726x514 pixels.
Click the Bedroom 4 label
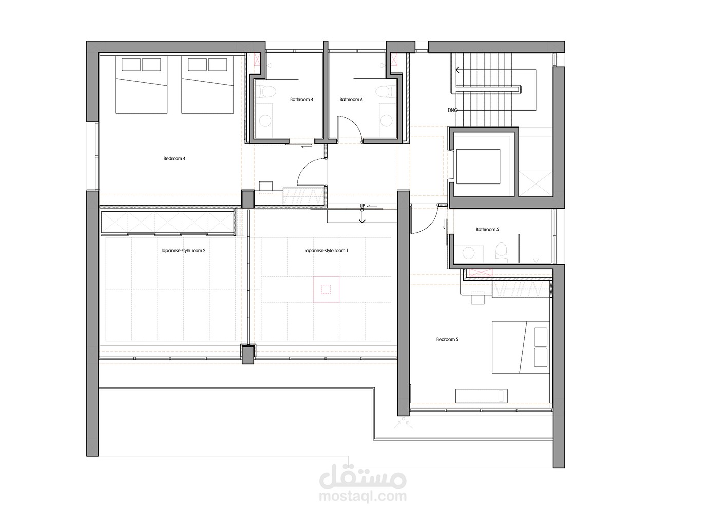point(175,159)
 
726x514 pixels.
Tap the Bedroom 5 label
point(447,339)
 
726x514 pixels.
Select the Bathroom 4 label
point(301,100)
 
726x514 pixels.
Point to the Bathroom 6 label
point(351,100)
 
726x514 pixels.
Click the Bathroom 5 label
point(487,229)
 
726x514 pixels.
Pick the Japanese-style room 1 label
point(326,250)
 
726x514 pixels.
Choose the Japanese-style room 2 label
point(183,250)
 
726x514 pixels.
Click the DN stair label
point(451,111)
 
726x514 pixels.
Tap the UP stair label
point(362,206)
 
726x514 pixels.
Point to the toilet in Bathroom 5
point(502,252)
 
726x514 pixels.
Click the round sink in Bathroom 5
point(468,253)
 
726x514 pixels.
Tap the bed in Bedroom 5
point(521,347)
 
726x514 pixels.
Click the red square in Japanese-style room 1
point(326,289)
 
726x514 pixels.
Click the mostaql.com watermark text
point(362,496)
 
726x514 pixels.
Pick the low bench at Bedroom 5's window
point(481,396)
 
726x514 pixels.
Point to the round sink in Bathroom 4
point(265,121)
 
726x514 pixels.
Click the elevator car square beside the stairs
point(478,167)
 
